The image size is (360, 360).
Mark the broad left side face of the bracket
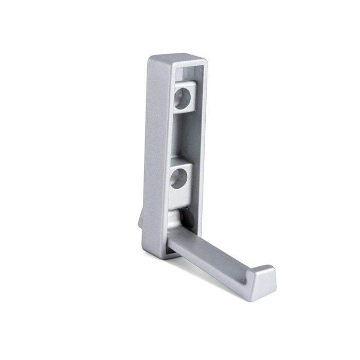pyautogui.click(x=157, y=154)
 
